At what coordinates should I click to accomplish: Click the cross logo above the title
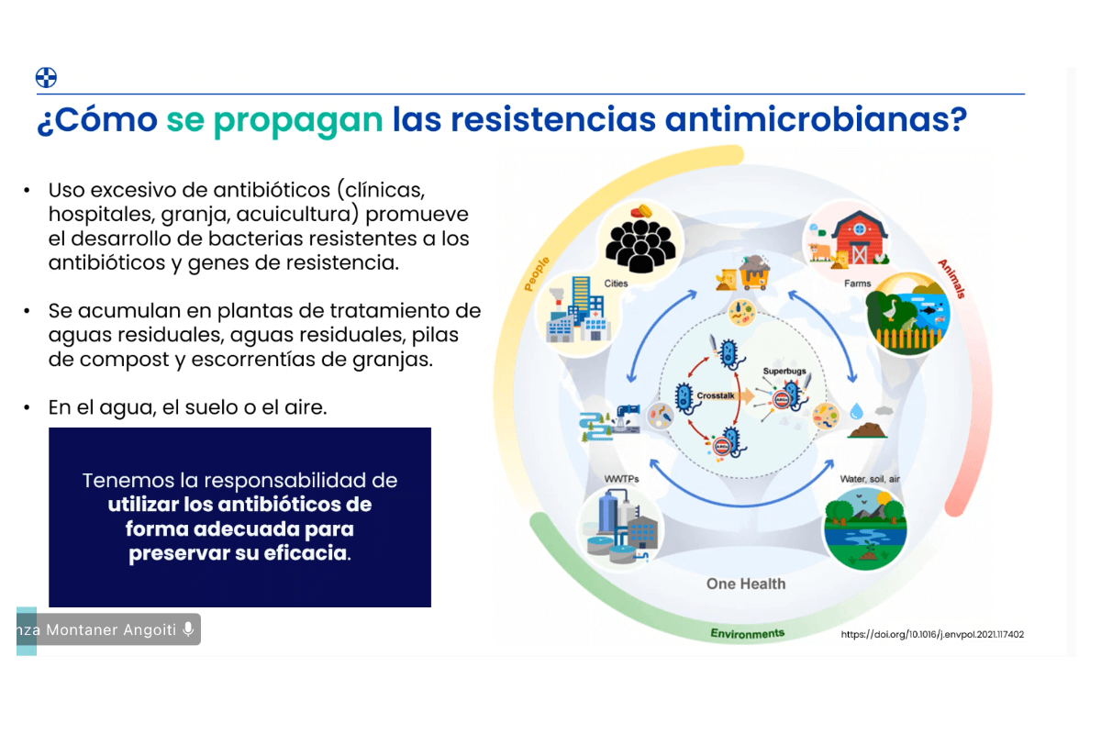click(46, 78)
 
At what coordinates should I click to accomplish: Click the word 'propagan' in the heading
click(298, 121)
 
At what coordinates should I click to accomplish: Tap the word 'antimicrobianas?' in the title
click(816, 119)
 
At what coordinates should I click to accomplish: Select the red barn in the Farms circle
click(859, 238)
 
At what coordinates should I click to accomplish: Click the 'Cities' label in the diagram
click(616, 284)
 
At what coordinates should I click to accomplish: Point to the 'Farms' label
click(857, 284)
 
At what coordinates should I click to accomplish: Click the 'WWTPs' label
click(621, 479)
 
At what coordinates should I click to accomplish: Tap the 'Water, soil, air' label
click(870, 479)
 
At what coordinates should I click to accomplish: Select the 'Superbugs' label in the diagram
click(784, 372)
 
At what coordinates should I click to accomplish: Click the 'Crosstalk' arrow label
click(716, 395)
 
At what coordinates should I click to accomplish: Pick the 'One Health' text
click(746, 584)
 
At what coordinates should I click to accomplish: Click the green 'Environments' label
click(747, 633)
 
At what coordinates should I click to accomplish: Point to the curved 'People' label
click(536, 273)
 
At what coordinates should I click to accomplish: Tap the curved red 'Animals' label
click(952, 279)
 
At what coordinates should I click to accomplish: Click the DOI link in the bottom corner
click(932, 634)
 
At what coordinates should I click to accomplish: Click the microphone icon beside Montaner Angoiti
click(188, 629)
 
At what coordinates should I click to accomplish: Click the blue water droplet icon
click(856, 410)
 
